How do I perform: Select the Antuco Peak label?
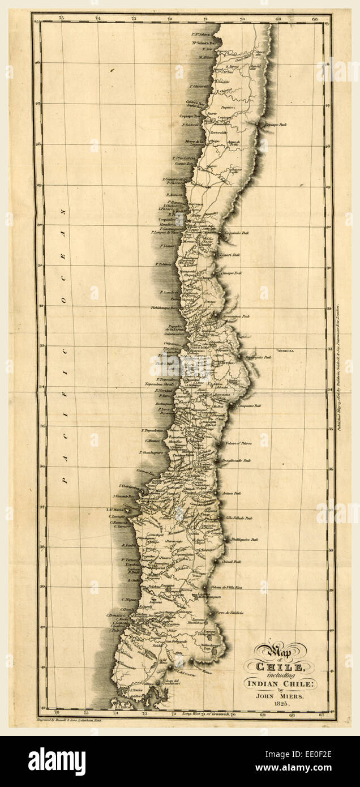232,494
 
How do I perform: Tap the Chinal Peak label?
233,562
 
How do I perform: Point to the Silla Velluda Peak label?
238,517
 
